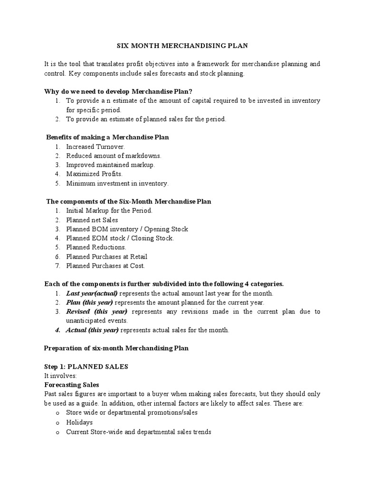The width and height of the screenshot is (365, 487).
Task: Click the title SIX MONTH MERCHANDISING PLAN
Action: [182, 46]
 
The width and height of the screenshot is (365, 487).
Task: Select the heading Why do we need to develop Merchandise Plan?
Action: [119, 91]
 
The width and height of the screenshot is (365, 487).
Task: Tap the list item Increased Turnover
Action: [96, 147]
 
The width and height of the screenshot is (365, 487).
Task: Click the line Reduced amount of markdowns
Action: [114, 156]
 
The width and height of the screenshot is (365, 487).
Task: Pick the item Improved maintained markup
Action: [110, 165]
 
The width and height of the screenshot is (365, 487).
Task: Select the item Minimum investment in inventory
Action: [117, 183]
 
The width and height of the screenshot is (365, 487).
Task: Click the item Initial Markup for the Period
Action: [109, 211]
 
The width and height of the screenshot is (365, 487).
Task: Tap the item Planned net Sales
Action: [92, 220]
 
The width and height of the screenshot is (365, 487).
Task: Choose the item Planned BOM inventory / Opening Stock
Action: [127, 229]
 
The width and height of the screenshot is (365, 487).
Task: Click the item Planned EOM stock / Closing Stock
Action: [120, 238]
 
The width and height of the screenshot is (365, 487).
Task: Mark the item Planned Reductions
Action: [96, 247]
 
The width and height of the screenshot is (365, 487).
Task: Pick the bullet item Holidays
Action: [79, 422]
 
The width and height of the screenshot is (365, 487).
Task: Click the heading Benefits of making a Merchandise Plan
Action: [107, 137]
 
